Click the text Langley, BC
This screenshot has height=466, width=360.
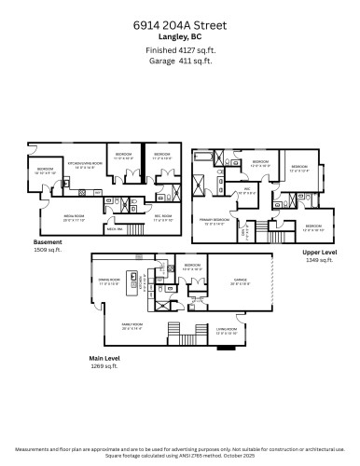[180, 37]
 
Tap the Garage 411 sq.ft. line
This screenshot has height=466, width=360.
[180, 61]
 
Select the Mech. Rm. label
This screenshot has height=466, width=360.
[117, 228]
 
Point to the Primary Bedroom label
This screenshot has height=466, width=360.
[216, 222]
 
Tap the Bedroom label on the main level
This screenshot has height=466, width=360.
[192, 267]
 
